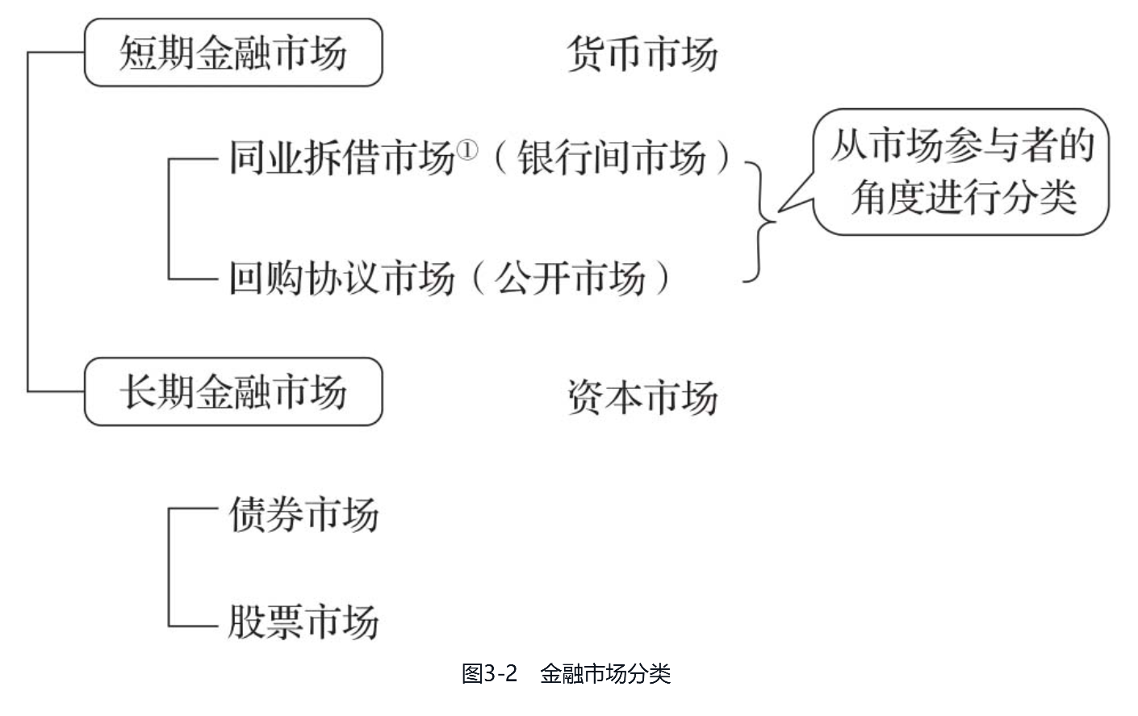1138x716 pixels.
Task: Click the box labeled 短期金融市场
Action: coord(232,52)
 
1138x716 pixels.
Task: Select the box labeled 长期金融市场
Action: coord(232,391)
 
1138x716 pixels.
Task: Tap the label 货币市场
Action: coord(642,55)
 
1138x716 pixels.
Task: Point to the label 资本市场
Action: coord(642,397)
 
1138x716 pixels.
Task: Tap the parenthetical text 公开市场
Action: coord(571,278)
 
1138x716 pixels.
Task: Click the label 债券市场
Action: coord(303,514)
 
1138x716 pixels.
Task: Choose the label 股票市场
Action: coord(303,622)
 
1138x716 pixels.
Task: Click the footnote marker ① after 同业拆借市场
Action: coord(468,149)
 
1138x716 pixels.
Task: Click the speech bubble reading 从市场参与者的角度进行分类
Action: coord(960,171)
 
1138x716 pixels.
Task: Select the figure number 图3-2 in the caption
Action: coord(488,673)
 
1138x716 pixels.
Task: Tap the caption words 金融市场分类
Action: coord(605,673)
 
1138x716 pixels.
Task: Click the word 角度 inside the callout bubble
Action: coord(886,196)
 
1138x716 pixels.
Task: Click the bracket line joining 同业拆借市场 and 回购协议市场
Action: coord(169,218)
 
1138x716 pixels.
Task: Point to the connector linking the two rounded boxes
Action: coord(28,222)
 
